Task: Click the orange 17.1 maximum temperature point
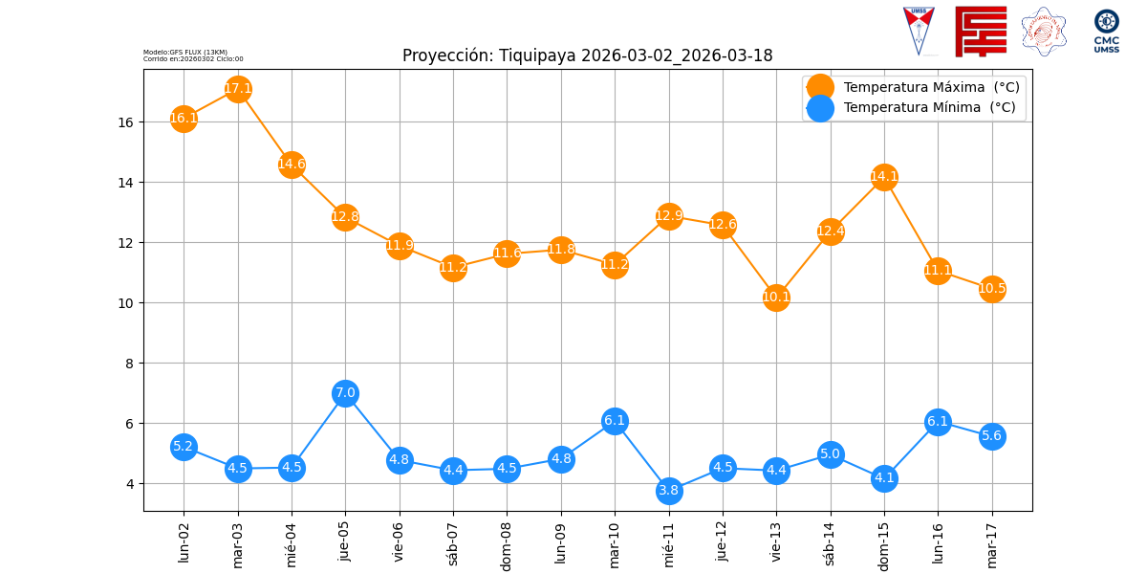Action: (238, 89)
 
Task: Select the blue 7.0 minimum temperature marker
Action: (345, 393)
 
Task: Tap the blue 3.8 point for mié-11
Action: (669, 491)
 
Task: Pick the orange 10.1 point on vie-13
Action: (776, 298)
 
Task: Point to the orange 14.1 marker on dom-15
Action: (884, 177)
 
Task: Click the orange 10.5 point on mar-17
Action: (992, 289)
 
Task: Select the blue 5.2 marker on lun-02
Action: (184, 447)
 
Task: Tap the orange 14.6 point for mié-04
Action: (292, 165)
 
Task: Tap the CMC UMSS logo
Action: (1107, 31)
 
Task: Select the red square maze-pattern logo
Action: (981, 31)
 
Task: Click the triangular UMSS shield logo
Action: (919, 30)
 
